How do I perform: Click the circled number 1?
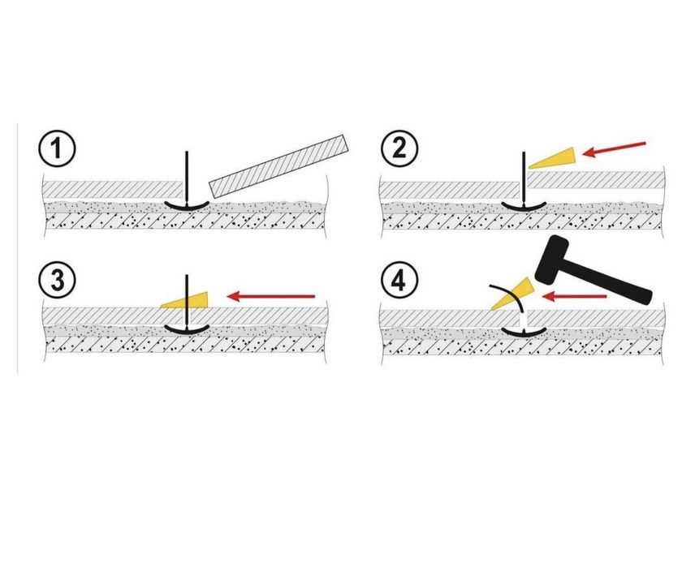(57, 150)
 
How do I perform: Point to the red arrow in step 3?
(273, 296)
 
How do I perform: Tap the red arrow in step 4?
(574, 297)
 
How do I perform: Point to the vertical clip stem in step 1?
(187, 174)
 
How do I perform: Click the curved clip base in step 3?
(187, 329)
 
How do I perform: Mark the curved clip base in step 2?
(522, 206)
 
